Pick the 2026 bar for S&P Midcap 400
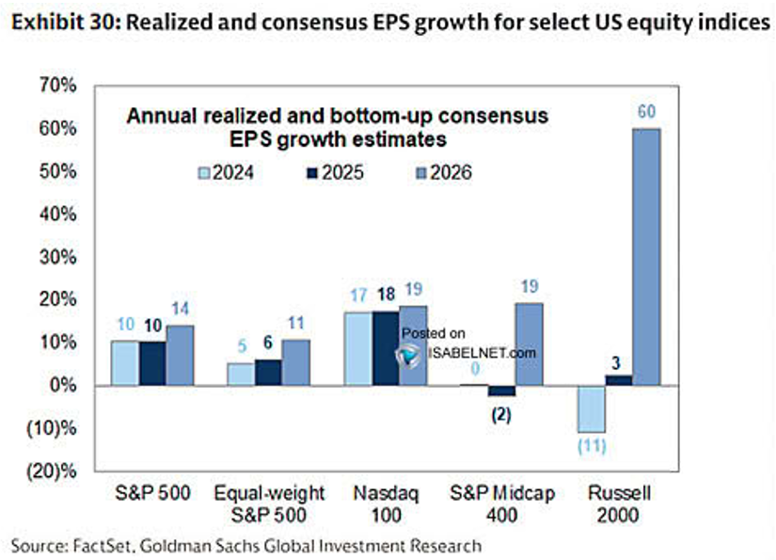pos(530,344)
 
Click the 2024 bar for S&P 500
pos(125,363)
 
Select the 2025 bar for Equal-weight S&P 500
pos(268,373)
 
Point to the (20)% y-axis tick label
pos(52,471)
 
